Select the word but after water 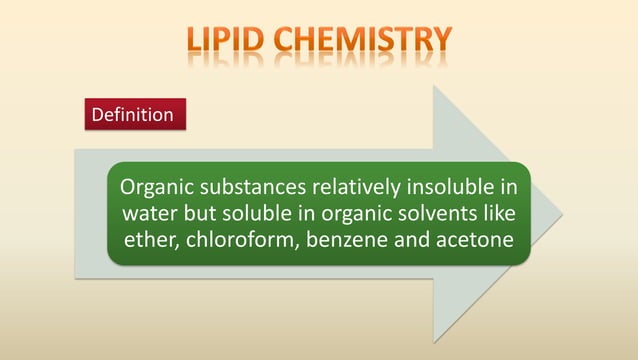[x=200, y=214]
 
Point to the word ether [x=150, y=241]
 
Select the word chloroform [x=232, y=241]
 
